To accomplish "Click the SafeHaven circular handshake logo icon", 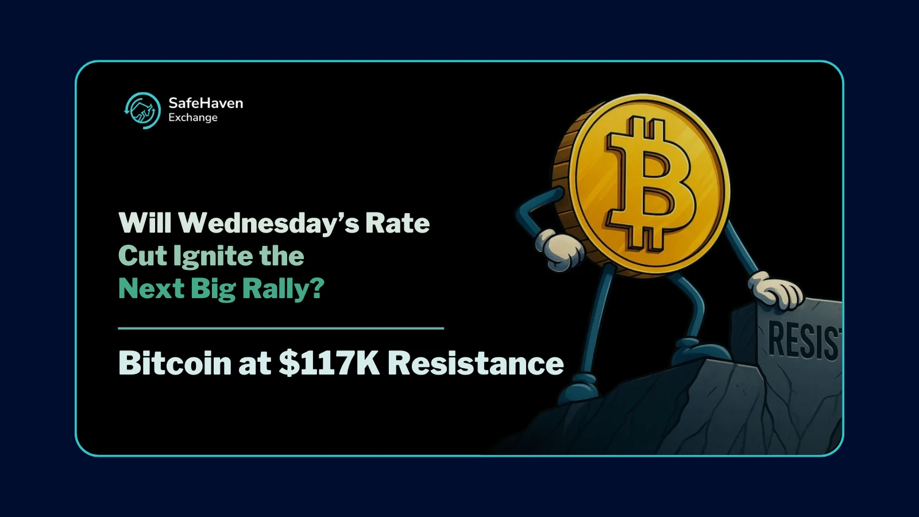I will [x=142, y=110].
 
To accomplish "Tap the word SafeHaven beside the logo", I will [x=206, y=103].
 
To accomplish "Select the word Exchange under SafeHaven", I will [x=193, y=118].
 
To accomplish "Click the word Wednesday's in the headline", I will [x=268, y=223].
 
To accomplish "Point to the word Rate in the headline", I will [x=397, y=223].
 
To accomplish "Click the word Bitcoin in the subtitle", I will [x=175, y=363].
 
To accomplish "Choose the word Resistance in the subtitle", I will [x=476, y=363].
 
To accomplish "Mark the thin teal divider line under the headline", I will [x=281, y=328].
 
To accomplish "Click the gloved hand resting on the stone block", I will [x=777, y=291].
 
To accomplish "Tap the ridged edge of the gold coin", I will [x=566, y=172].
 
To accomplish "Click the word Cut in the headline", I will [x=142, y=256].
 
